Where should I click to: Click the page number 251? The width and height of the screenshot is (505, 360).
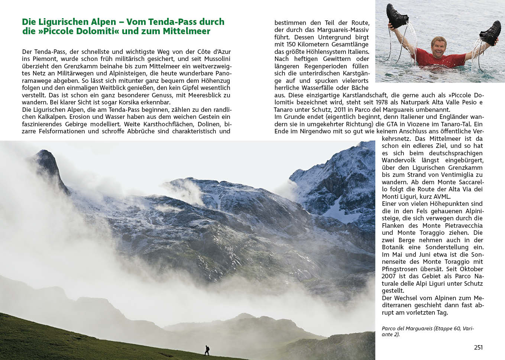(x=478, y=347)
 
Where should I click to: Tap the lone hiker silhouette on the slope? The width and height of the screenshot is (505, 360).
(x=207, y=350)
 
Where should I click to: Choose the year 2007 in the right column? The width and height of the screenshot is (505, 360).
(x=389, y=276)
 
